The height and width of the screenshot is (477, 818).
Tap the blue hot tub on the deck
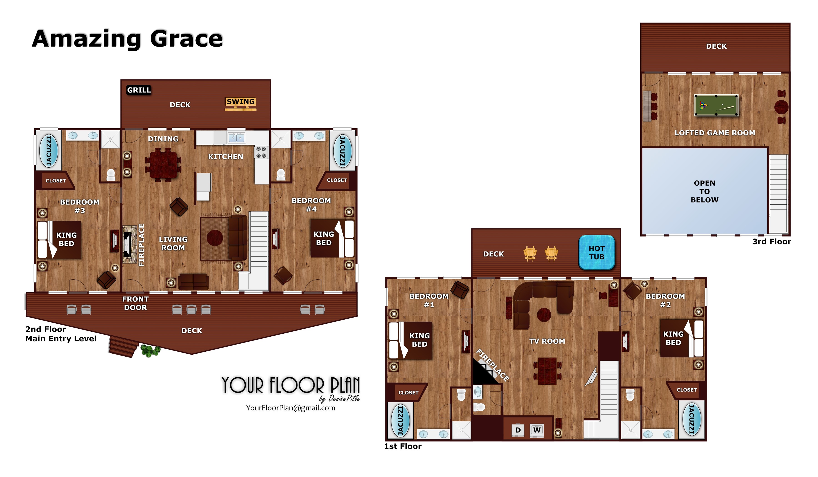[597, 252]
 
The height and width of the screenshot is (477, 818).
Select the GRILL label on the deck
[139, 90]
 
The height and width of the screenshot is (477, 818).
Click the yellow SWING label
[241, 102]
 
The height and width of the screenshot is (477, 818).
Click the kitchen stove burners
[261, 152]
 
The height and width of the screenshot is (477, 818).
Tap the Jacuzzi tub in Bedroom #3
[49, 151]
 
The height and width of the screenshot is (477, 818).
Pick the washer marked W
[537, 430]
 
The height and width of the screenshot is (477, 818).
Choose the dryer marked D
[518, 430]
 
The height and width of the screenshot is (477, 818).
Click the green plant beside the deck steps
[150, 350]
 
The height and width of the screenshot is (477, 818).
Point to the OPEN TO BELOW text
[704, 191]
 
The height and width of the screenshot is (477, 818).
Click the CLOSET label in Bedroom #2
[686, 390]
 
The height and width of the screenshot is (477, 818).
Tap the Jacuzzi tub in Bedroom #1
[401, 420]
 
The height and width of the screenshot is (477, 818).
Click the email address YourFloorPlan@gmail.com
[291, 408]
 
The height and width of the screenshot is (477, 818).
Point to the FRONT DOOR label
[135, 303]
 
